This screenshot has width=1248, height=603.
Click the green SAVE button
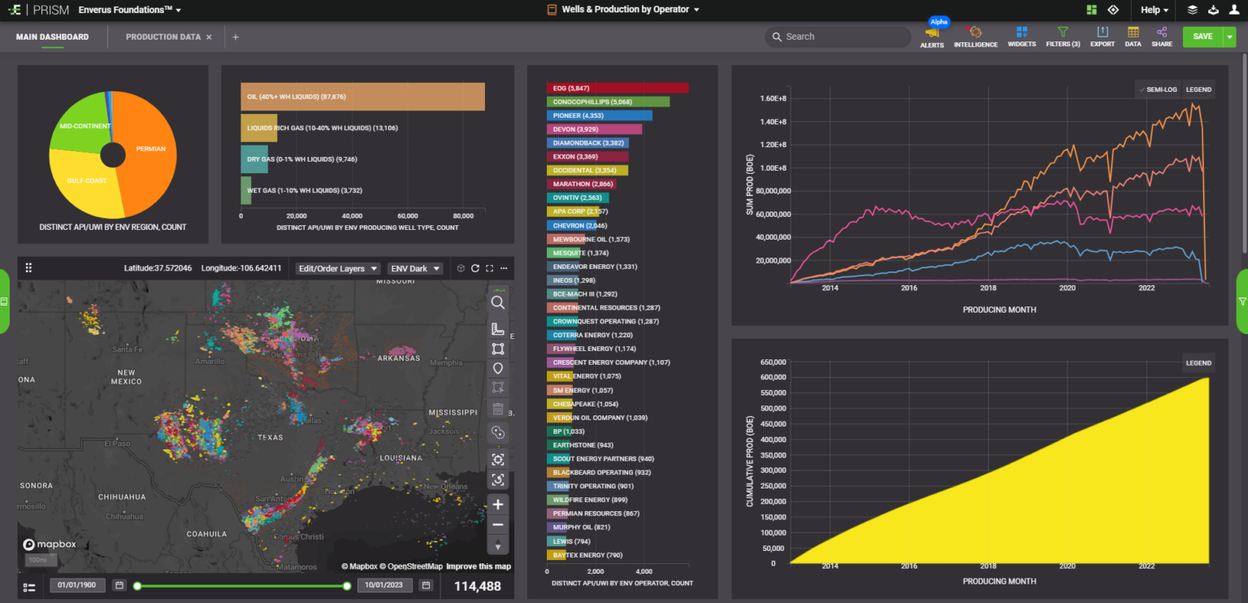click(1202, 37)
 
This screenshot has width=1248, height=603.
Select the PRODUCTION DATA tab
click(163, 37)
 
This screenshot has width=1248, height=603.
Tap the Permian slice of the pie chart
click(150, 150)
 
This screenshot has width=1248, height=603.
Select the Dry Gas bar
click(254, 159)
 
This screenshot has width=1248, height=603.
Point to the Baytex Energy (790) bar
click(557, 555)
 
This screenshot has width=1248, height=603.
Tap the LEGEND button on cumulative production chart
click(1198, 363)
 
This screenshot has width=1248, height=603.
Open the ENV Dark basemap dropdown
click(414, 268)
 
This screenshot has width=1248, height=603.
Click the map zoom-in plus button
click(498, 505)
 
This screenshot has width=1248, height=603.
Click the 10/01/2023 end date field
click(385, 585)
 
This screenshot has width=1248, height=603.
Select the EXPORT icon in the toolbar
click(1102, 37)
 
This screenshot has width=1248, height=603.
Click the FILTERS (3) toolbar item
click(1063, 37)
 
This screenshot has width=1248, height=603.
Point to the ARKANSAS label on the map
click(398, 358)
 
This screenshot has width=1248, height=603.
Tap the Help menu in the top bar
click(1154, 10)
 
